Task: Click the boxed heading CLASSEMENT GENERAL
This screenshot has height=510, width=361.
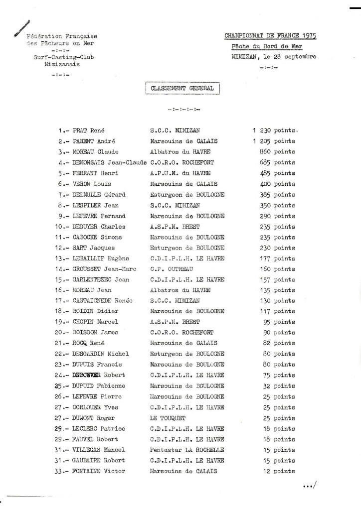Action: coord(182,88)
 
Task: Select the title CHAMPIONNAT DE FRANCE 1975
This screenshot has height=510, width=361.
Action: coord(271,35)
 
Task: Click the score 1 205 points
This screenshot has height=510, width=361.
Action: coord(274,141)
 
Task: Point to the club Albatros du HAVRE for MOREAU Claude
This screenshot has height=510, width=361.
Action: coord(180,151)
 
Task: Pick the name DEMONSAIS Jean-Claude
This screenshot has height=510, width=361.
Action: coord(109,162)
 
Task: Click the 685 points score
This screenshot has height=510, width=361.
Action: coord(277,162)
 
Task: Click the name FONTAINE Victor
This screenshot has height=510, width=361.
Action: coord(99,471)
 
